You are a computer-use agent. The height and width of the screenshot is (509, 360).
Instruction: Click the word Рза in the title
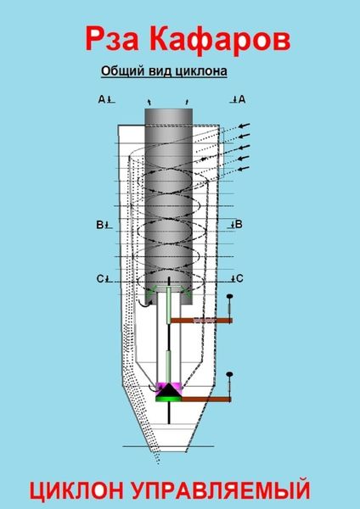(112, 39)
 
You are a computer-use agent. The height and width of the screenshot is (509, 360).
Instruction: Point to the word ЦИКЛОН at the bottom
(76, 490)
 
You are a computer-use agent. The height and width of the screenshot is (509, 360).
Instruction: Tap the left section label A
(102, 99)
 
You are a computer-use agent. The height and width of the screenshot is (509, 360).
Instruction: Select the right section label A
(242, 99)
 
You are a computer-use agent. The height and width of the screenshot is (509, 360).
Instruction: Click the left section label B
(99, 224)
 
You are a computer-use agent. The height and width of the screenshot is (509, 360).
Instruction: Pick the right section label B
(239, 224)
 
